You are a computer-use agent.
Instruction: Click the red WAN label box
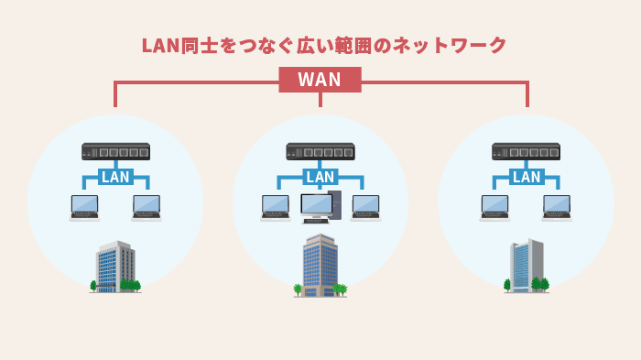(x=320, y=80)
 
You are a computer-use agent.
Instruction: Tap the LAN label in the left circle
(x=115, y=177)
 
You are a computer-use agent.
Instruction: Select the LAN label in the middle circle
(x=320, y=177)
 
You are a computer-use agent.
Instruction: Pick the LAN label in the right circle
(x=527, y=177)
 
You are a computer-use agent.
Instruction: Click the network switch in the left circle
(x=115, y=151)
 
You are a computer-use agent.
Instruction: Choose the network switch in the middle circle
(x=320, y=151)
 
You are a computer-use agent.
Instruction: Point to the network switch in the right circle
(x=526, y=151)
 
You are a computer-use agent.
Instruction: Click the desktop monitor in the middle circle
(x=316, y=203)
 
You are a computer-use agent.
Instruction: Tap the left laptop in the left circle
(x=84, y=207)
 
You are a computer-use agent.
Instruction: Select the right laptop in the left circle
(x=147, y=207)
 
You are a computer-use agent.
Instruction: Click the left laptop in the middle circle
(x=275, y=207)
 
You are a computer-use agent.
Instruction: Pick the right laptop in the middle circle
(x=365, y=207)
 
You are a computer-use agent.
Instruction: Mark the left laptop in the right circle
(x=494, y=207)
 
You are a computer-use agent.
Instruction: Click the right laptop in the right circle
(x=557, y=207)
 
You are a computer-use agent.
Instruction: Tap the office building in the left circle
(x=115, y=266)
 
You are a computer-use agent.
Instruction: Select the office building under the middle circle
(x=320, y=266)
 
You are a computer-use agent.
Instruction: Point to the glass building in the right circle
(x=527, y=266)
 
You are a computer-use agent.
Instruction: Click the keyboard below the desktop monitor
(x=315, y=221)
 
